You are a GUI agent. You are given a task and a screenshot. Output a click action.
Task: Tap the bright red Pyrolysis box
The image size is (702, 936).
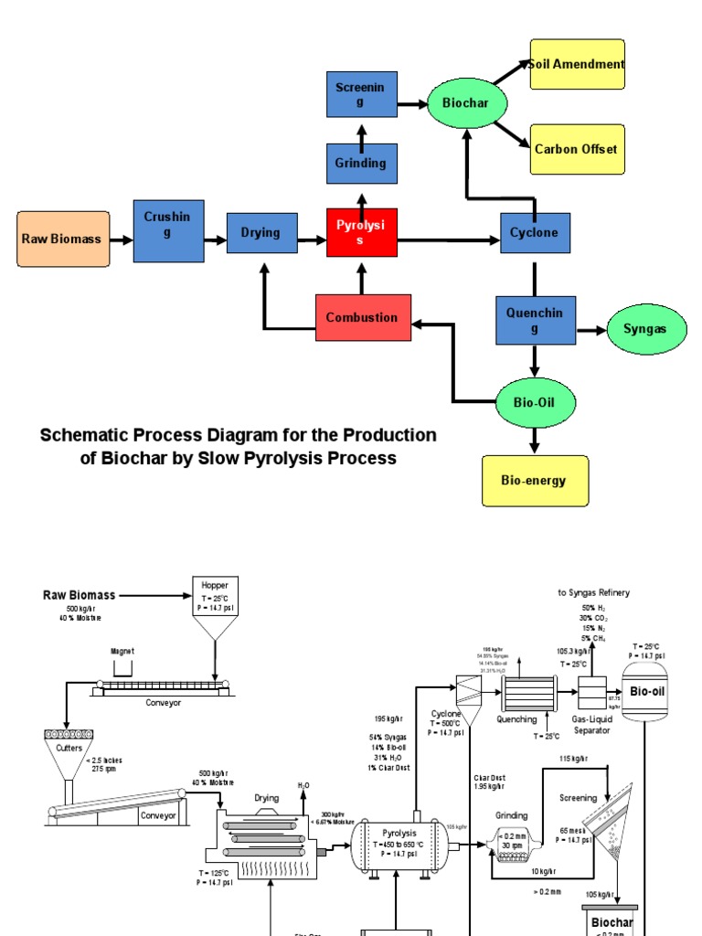[362, 232]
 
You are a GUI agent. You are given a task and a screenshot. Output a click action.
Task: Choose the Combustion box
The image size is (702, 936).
[363, 317]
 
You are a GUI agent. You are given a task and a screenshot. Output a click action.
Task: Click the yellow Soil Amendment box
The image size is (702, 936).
[577, 64]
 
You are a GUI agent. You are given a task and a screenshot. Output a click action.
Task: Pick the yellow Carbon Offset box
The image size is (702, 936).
[577, 149]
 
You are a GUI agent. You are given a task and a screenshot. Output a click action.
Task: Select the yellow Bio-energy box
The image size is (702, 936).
[534, 480]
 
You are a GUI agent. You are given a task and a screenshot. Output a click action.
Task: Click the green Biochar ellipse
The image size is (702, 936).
[466, 104]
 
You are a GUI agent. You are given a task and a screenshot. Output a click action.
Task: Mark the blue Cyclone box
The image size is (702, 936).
[535, 232]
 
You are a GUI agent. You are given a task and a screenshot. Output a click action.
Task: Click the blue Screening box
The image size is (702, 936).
[362, 94]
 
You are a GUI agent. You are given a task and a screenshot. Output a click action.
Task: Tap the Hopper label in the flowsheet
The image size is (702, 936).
[215, 584]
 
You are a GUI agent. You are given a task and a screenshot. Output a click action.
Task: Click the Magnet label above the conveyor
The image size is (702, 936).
[122, 652]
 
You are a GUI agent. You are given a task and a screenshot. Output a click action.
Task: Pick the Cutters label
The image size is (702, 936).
[69, 748]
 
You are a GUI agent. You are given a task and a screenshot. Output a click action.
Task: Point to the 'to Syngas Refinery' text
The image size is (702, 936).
[593, 592]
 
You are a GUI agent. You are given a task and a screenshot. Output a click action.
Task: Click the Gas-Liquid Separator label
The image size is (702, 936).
[591, 725]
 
